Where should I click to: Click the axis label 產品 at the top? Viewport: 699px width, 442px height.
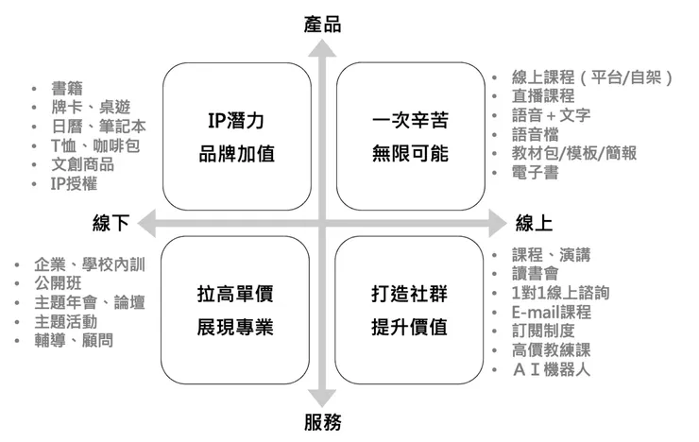(x=322, y=25)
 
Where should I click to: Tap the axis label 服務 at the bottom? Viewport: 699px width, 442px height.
(x=322, y=422)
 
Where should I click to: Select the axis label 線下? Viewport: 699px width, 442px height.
(x=111, y=223)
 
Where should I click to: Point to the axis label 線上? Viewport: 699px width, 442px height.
(x=534, y=223)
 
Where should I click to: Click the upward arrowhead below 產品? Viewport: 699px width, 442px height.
(x=322, y=48)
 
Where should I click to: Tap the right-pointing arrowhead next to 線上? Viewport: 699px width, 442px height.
(x=499, y=223)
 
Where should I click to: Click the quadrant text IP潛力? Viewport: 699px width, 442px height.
(x=236, y=120)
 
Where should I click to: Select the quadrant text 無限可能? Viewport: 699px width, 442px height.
(x=410, y=154)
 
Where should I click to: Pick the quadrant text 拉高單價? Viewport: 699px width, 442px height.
(x=235, y=294)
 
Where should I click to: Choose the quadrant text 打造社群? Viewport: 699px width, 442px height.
(x=409, y=294)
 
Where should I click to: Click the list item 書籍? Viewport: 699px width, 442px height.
(x=67, y=88)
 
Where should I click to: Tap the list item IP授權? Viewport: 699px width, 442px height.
(x=74, y=183)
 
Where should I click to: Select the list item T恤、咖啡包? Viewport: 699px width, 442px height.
(x=95, y=145)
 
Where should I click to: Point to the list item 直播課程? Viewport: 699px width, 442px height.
(x=543, y=95)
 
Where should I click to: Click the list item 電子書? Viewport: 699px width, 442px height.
(x=535, y=172)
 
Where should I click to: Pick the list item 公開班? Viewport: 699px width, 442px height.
(x=58, y=283)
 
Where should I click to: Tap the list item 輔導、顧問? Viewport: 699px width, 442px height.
(x=74, y=340)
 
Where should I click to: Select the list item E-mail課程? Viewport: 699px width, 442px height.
(x=552, y=312)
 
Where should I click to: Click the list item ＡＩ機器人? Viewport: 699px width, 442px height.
(x=551, y=369)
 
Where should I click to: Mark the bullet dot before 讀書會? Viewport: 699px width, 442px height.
(x=494, y=274)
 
